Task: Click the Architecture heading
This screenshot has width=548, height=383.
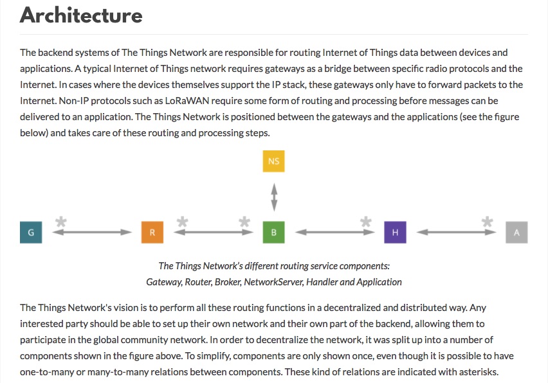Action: (x=81, y=15)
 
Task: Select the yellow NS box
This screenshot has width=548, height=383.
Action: (x=273, y=161)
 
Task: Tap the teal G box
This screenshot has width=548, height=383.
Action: (x=31, y=232)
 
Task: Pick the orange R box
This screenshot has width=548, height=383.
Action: (x=152, y=232)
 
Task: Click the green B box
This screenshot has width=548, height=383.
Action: (x=273, y=232)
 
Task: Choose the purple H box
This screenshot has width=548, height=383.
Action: (x=396, y=232)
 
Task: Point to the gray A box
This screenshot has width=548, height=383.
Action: (x=516, y=232)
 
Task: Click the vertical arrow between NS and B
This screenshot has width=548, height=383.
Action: (x=275, y=197)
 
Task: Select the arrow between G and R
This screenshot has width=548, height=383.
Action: (x=92, y=232)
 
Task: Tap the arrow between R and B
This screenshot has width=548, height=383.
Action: (x=214, y=232)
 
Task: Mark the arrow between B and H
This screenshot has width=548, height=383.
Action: (x=335, y=232)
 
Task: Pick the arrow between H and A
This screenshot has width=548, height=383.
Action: (x=456, y=232)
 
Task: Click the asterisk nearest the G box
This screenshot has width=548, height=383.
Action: (x=61, y=222)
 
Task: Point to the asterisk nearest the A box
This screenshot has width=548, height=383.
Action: (x=487, y=222)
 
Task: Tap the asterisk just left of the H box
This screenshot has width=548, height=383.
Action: (x=366, y=222)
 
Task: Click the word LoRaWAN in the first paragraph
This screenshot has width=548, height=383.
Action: (x=187, y=101)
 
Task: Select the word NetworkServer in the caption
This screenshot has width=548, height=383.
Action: (x=273, y=282)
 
